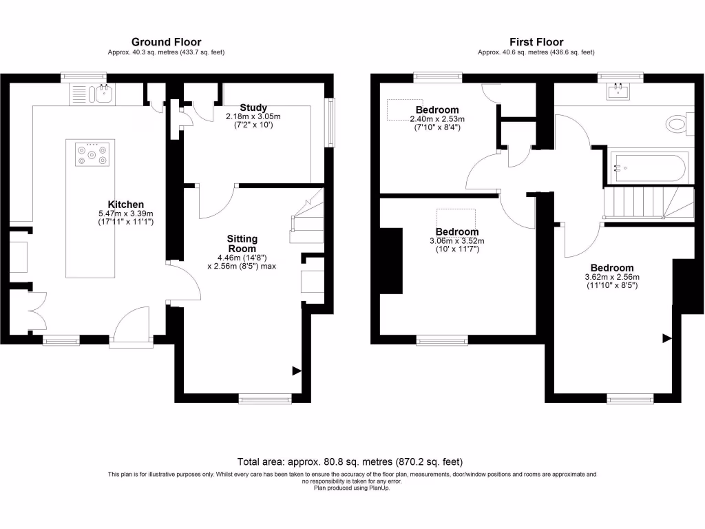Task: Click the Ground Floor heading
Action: click(166, 42)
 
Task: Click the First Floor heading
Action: click(536, 42)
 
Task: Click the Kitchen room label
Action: click(126, 204)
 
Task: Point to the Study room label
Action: click(253, 107)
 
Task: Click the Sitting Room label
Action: click(242, 244)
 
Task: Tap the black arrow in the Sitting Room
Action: click(297, 371)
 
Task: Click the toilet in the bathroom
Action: click(677, 124)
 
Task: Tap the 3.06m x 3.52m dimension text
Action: click(456, 240)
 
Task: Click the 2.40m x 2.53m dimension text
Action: click(436, 119)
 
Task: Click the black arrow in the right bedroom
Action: click(666, 338)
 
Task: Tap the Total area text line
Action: click(351, 461)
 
